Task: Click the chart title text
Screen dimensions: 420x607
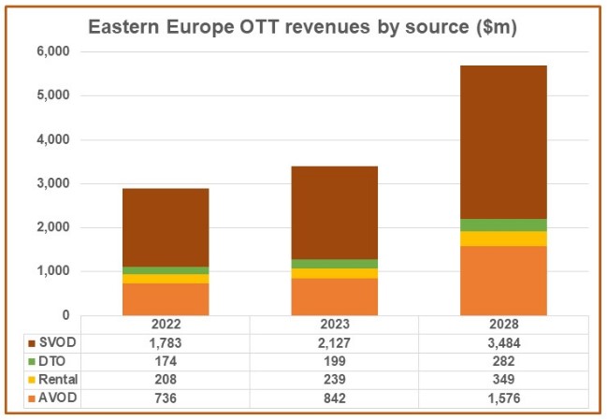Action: click(302, 27)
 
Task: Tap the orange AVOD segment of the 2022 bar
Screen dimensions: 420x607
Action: click(166, 298)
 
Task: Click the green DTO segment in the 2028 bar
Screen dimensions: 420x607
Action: click(503, 224)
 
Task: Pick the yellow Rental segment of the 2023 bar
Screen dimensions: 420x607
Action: click(334, 273)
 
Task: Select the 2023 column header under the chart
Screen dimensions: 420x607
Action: click(334, 325)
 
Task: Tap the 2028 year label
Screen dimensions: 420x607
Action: click(503, 325)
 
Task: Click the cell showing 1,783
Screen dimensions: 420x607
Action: click(166, 342)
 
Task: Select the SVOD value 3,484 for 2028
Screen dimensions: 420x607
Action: click(503, 342)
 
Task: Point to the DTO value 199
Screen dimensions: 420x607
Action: click(334, 361)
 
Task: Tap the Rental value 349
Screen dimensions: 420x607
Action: click(503, 380)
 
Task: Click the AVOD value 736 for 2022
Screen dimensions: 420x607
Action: click(166, 398)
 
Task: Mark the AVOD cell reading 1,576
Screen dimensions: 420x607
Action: click(503, 398)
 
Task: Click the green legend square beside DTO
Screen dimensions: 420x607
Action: click(32, 361)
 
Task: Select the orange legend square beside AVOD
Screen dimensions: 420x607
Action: click(32, 398)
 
